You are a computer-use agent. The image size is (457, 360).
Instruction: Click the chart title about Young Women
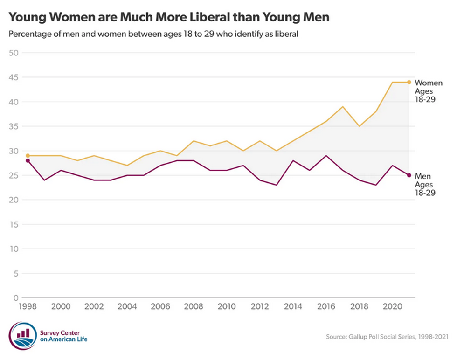pos(169,18)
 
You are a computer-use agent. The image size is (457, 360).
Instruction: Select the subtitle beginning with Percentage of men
pos(153,34)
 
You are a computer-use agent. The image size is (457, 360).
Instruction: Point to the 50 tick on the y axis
pos(13,53)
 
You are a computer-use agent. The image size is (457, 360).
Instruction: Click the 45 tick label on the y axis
pos(13,77)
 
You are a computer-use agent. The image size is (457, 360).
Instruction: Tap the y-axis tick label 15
pos(13,224)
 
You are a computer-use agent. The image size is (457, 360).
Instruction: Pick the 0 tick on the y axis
pos(15,298)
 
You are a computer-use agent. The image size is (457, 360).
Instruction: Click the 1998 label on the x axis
pos(28,308)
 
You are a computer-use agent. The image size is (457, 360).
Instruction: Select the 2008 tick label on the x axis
pos(193,308)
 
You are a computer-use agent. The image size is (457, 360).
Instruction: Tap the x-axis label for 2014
pos(292,308)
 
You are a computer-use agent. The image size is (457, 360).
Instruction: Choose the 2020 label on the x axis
pos(392,308)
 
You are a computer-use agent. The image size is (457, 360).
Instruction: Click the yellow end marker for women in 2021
pos(409,82)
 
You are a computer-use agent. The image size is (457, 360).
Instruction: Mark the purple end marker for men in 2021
pos(409,175)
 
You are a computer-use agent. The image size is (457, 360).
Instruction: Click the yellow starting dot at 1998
pos(28,155)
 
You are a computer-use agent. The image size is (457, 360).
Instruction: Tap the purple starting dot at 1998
pos(28,160)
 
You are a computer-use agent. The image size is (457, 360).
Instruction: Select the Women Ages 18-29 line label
pos(428,91)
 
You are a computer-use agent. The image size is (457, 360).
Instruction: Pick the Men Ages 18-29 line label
pos(425,184)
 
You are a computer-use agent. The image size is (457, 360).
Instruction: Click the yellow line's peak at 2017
pos(343,107)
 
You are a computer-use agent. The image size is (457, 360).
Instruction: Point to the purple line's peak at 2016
pos(326,156)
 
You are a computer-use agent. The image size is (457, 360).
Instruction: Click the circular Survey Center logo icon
pos(23,336)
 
